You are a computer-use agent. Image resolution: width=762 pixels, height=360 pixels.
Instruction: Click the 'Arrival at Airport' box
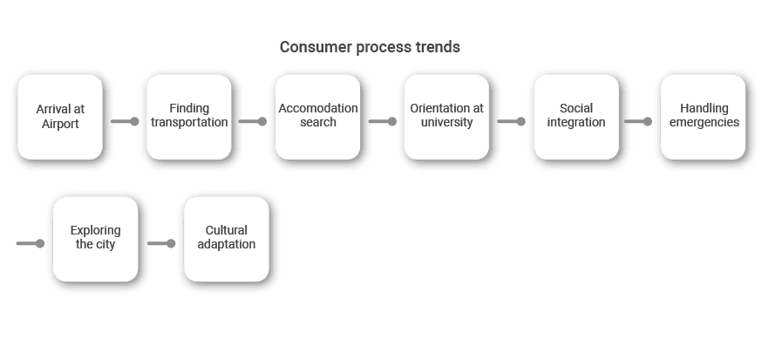click(60, 117)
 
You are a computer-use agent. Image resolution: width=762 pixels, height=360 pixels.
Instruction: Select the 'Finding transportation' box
click(189, 117)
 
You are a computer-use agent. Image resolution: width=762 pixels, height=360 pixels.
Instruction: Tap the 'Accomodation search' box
click(318, 117)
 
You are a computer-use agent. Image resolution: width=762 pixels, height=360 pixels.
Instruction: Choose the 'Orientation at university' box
click(446, 117)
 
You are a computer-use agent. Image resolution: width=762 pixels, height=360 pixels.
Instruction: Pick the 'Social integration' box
click(576, 117)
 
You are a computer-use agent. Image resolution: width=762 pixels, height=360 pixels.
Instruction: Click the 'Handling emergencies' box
click(704, 117)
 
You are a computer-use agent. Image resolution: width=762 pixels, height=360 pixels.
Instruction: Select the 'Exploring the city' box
click(96, 239)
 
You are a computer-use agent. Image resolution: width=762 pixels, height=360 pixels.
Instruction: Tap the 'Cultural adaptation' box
click(227, 239)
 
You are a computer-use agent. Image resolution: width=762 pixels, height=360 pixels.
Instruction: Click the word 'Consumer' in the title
click(316, 47)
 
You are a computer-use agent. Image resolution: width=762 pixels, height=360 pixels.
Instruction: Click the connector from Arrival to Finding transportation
click(125, 121)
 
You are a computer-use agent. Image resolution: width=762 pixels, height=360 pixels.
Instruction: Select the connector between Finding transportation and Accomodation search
click(253, 121)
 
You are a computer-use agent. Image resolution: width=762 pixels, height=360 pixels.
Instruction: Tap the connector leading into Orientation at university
click(383, 121)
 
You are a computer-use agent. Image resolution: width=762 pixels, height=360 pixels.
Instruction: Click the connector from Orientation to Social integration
click(511, 121)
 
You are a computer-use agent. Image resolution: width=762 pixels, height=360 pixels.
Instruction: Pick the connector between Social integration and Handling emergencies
click(638, 121)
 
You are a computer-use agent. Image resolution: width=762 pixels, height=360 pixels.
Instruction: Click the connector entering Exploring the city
click(31, 243)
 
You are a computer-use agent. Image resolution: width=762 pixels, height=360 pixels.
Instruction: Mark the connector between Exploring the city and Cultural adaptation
click(161, 243)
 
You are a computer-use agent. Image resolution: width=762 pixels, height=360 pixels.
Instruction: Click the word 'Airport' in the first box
click(60, 125)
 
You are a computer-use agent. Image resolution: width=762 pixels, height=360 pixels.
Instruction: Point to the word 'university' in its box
click(446, 122)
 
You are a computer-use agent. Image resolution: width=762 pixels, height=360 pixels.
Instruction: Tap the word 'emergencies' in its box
click(704, 122)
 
